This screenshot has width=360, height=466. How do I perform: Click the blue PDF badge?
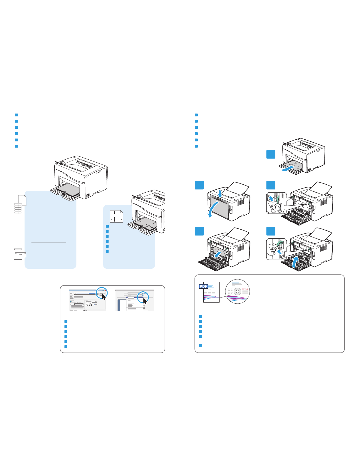[204, 286]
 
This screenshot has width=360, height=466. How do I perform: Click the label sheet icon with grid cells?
[18, 208]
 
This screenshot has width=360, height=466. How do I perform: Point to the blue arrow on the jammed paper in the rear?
[217, 255]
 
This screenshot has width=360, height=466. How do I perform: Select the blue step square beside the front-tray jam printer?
[271, 154]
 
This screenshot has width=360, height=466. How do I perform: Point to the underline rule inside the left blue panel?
[49, 243]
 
